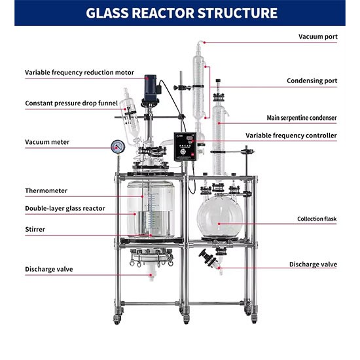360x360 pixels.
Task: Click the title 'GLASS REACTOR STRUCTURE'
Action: (x=181, y=13)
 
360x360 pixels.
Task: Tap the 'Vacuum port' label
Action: (x=318, y=37)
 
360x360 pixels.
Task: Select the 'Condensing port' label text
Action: (x=312, y=81)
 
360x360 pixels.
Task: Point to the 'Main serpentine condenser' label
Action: (x=302, y=118)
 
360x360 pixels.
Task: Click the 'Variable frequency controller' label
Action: (x=291, y=135)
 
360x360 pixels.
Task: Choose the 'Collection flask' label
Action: (x=317, y=219)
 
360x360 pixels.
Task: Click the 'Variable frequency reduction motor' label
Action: (x=79, y=73)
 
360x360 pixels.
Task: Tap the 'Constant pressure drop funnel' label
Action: (x=71, y=103)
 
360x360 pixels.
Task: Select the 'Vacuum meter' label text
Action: (x=47, y=142)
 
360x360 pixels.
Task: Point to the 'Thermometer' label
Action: (x=46, y=190)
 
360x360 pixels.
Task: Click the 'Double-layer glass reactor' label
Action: (x=65, y=208)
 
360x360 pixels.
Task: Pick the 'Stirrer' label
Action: (x=35, y=229)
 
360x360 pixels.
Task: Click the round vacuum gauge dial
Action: (x=118, y=147)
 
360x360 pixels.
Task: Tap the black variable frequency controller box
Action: (x=185, y=147)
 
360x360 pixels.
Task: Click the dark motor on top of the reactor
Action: (x=151, y=88)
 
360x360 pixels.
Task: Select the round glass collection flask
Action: (x=220, y=216)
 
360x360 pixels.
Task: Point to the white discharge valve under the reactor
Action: (x=151, y=272)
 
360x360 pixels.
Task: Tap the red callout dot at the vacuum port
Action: (x=205, y=43)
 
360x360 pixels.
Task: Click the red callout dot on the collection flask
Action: (x=219, y=224)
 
